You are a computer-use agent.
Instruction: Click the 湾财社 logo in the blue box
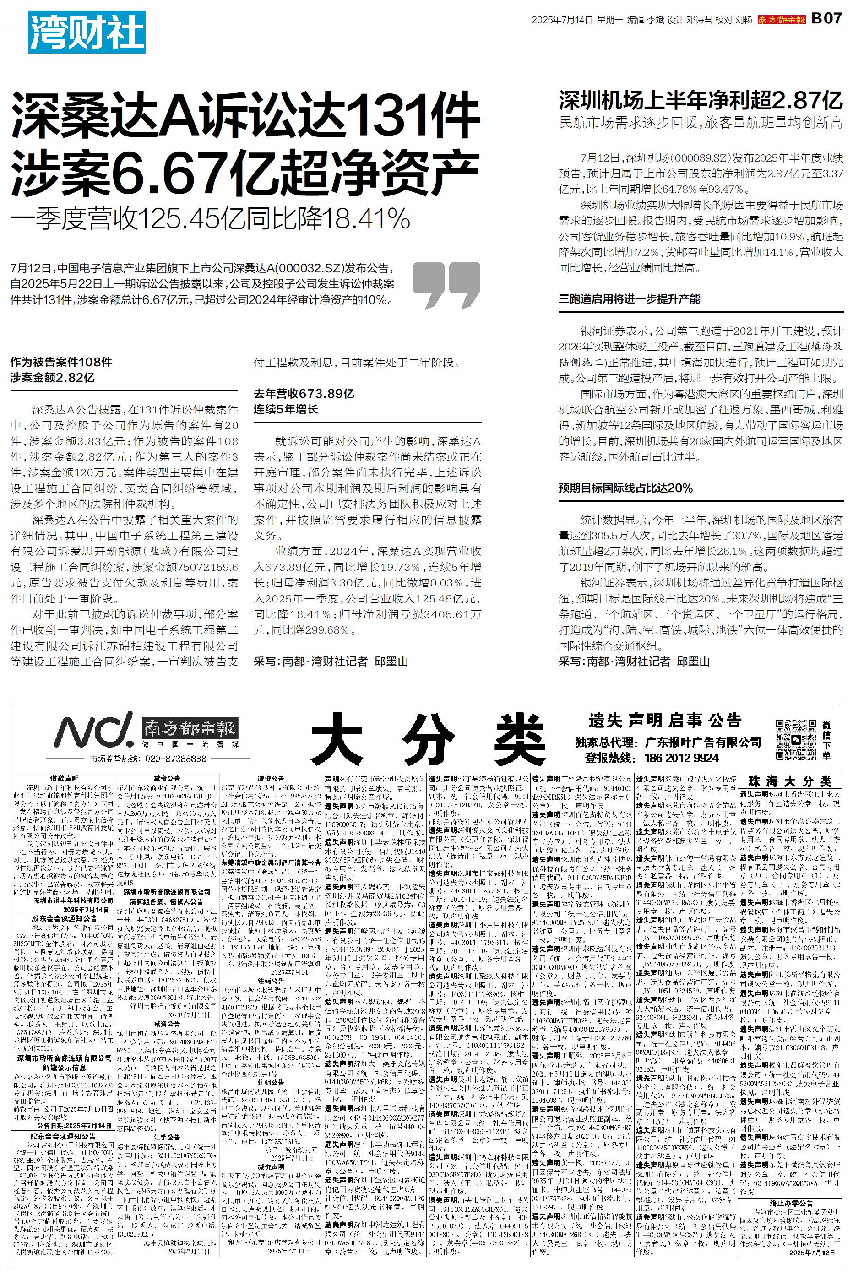[87, 32]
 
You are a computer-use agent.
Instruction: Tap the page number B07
[826, 20]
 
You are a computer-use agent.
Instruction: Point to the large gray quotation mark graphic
[446, 286]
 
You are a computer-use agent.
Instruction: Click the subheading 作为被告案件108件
[61, 362]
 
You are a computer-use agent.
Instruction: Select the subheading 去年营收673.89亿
[304, 394]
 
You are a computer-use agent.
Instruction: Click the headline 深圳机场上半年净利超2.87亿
[701, 101]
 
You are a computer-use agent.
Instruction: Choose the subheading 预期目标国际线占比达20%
[625, 488]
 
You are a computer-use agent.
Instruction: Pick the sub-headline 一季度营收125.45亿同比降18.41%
[210, 219]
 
